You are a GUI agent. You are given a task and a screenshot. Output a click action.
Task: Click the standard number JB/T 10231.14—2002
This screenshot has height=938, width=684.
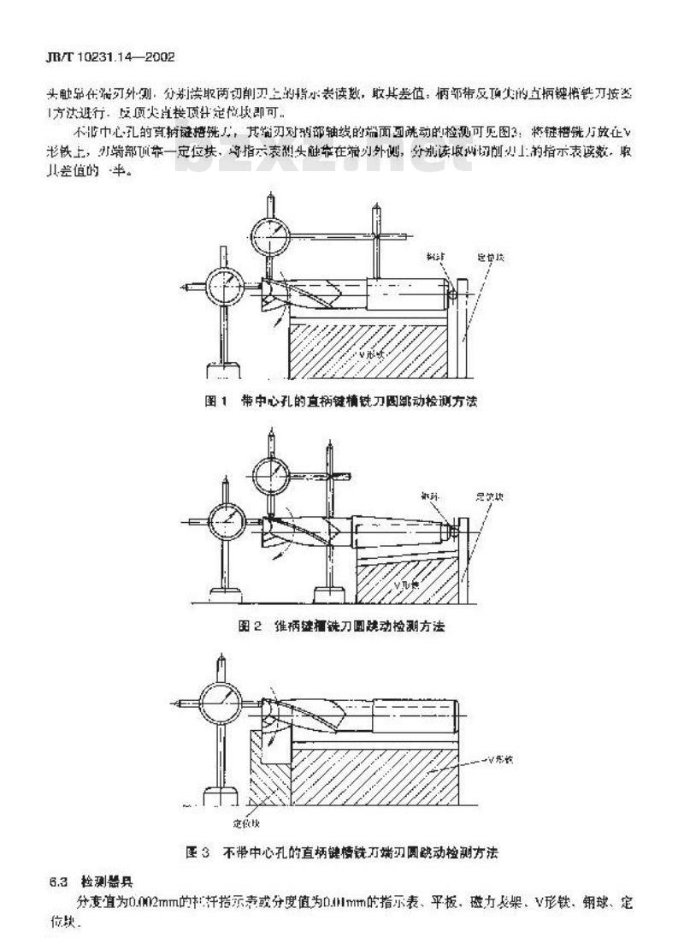[x=109, y=57]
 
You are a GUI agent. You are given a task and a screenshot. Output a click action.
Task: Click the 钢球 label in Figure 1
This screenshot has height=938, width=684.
[x=435, y=256]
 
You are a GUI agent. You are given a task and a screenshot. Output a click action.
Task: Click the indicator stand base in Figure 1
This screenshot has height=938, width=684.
[x=223, y=370]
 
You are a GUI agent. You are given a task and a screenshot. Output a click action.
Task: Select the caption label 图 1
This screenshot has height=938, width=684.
[x=215, y=401]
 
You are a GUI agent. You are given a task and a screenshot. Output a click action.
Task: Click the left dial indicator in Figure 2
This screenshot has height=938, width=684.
[x=225, y=519]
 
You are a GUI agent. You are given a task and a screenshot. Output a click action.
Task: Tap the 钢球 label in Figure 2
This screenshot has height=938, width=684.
[x=429, y=496]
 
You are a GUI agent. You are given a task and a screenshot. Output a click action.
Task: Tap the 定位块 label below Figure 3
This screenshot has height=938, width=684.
[x=245, y=823]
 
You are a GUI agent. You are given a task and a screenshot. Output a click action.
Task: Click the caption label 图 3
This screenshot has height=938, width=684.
[x=198, y=852]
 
